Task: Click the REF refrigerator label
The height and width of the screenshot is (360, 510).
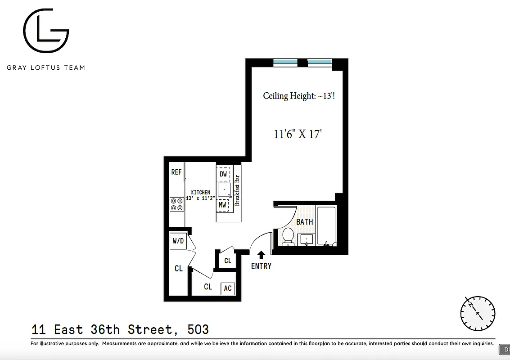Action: click(x=176, y=172)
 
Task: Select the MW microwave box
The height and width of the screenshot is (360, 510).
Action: click(x=223, y=205)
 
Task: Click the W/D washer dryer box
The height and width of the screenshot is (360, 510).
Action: click(x=178, y=241)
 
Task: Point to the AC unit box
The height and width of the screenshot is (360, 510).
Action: click(x=228, y=288)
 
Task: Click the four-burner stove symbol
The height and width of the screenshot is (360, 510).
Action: click(x=176, y=204)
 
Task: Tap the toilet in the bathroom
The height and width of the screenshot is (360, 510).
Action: click(x=288, y=236)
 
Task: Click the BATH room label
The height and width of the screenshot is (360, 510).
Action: click(x=304, y=222)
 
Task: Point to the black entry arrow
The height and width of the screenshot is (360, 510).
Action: click(x=261, y=255)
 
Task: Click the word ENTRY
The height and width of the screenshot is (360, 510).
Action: click(x=261, y=266)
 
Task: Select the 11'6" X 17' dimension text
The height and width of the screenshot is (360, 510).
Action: click(x=297, y=134)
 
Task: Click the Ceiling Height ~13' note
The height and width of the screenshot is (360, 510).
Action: click(x=298, y=96)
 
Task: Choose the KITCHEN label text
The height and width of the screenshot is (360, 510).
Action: click(x=200, y=193)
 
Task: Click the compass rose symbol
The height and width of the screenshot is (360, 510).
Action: click(x=478, y=312)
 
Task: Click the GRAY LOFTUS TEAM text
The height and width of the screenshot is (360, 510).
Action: click(x=45, y=67)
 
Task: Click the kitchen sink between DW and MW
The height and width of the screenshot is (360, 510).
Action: click(x=224, y=189)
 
